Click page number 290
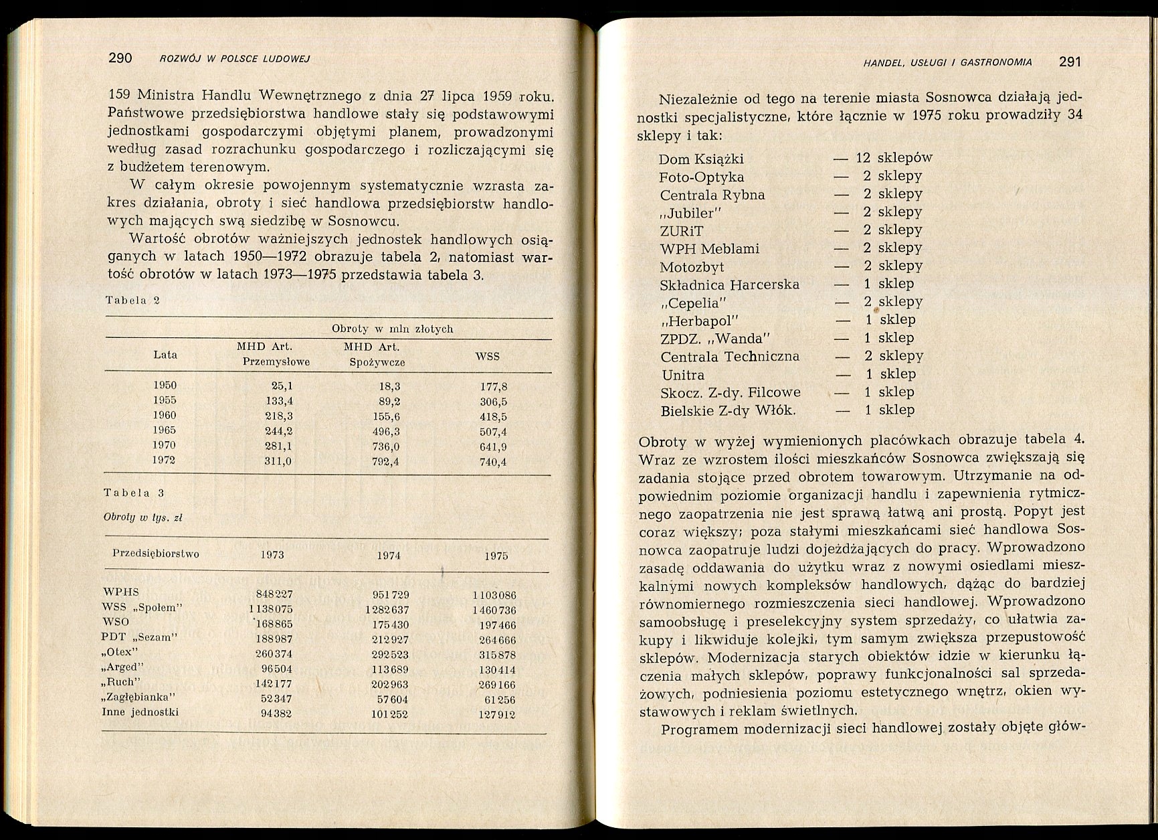click(120, 58)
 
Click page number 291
click(1070, 62)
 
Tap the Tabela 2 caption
click(132, 300)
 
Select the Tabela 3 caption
click(134, 493)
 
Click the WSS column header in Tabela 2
click(487, 356)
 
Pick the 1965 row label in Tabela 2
click(165, 430)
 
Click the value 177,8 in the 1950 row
click(494, 387)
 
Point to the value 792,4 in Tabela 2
click(385, 462)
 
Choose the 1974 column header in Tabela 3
click(388, 556)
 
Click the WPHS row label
click(120, 592)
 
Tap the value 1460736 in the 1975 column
click(494, 610)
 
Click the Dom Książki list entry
click(701, 159)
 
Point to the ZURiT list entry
click(682, 231)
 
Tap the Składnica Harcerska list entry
click(730, 284)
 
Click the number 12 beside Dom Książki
click(863, 158)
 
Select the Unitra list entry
click(683, 375)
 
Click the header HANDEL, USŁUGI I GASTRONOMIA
click(947, 63)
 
